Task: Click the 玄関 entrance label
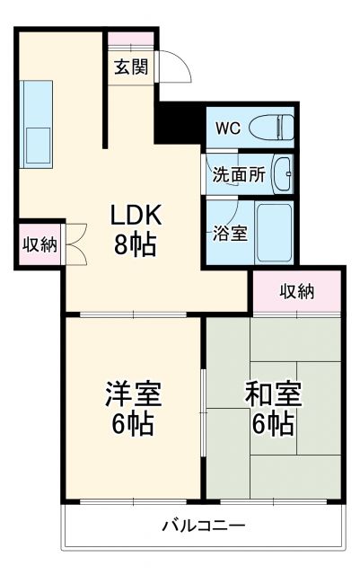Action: pos(130,68)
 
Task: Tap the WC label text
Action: pos(225,127)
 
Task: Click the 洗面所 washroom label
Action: pos(238,175)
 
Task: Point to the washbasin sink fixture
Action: pos(282,173)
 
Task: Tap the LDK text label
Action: pos(136,217)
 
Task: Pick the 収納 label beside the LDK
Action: pos(39,243)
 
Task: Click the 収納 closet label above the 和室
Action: pos(296,290)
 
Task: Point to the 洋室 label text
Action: pos(134,394)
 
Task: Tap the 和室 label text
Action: pos(273,394)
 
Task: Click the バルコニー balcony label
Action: pos(203,525)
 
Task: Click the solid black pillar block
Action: pos(180,120)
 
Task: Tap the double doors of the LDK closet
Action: pos(74,243)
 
